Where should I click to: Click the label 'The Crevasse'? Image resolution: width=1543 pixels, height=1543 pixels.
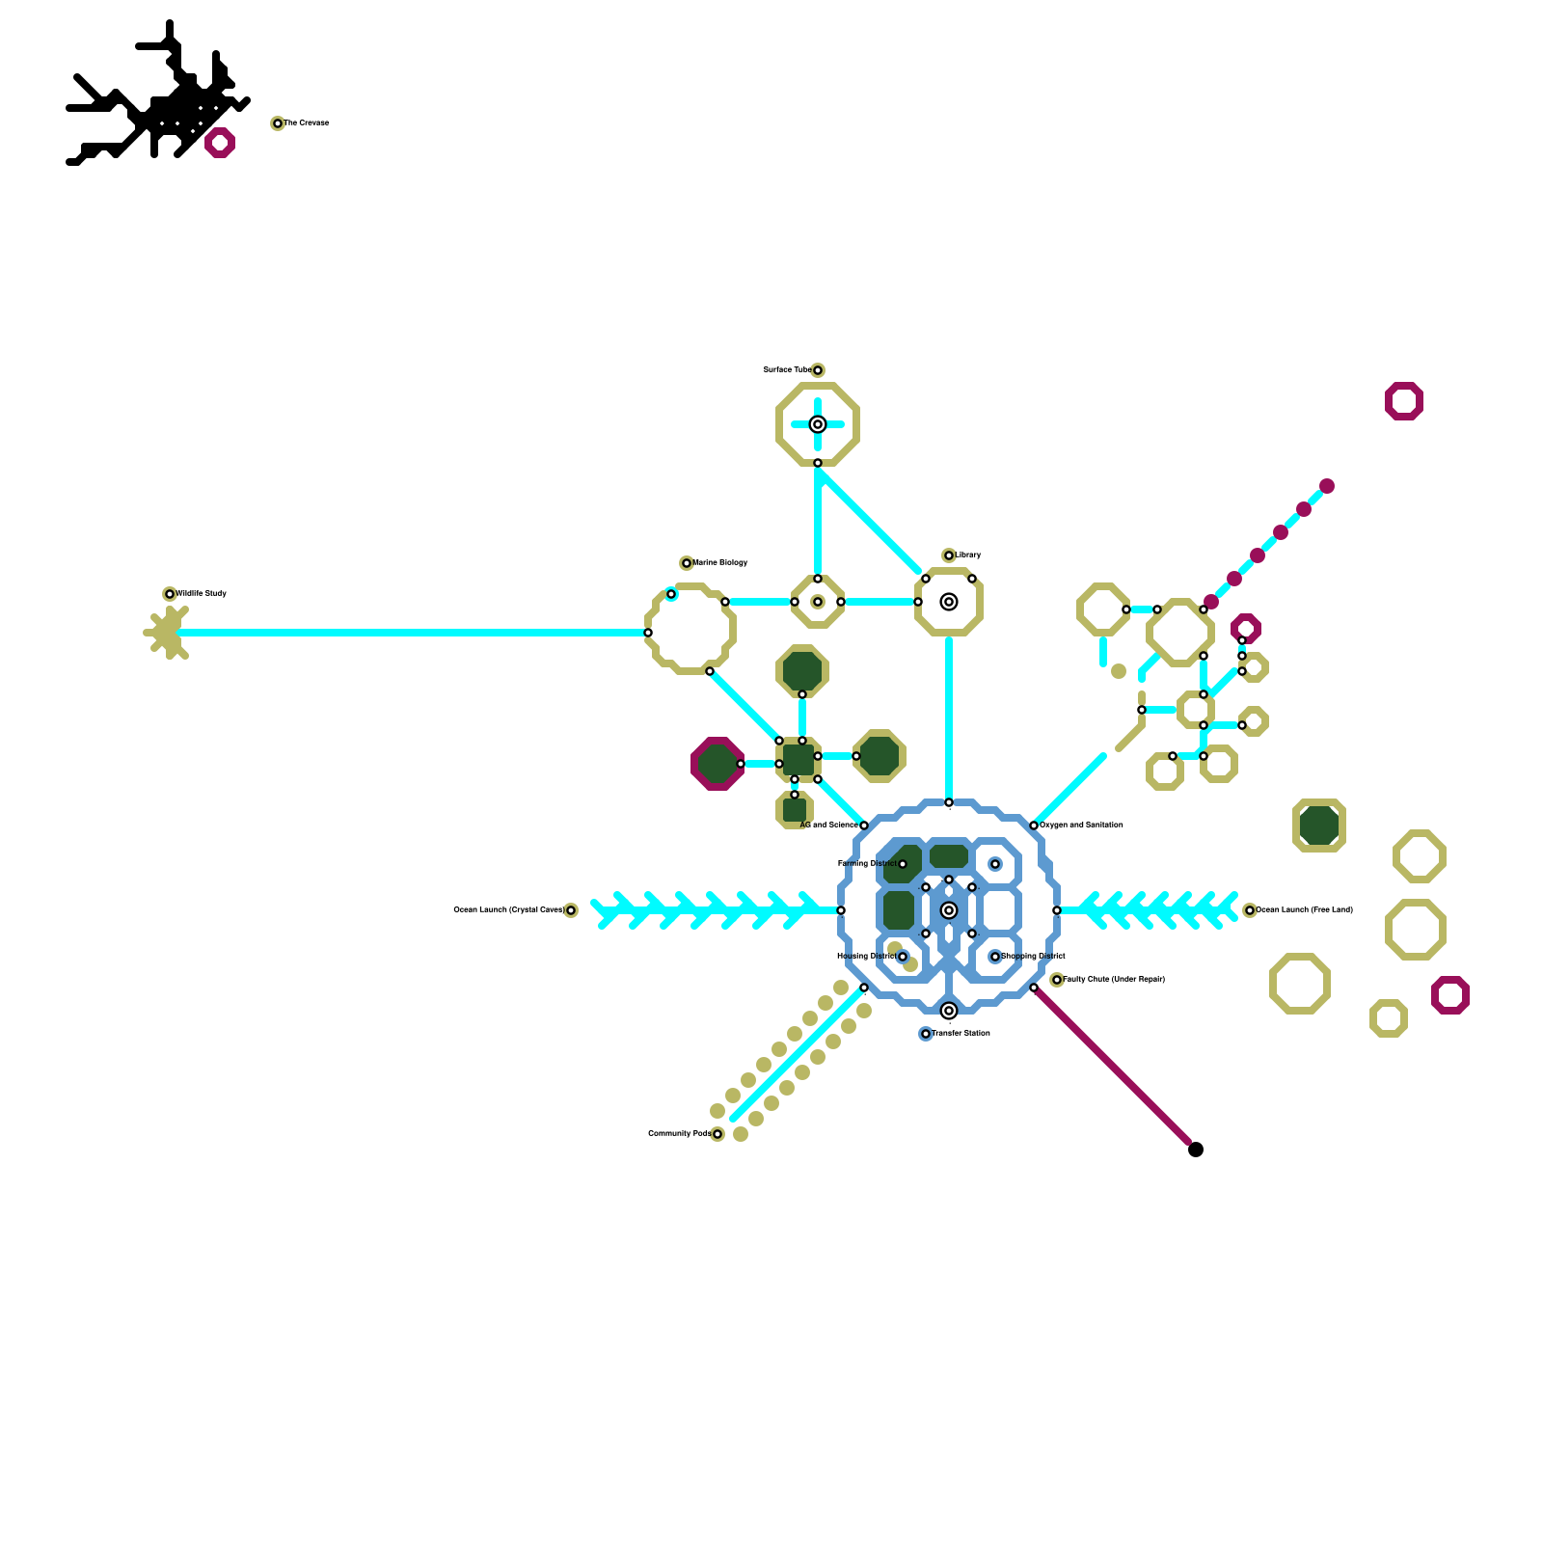click(x=307, y=123)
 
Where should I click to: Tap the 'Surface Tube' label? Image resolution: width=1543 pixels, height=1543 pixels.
click(x=786, y=370)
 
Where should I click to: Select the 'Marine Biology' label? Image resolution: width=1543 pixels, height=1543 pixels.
click(x=720, y=563)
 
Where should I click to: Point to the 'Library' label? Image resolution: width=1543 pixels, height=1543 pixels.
click(x=968, y=555)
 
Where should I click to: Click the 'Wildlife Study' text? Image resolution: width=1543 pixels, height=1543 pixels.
click(x=202, y=594)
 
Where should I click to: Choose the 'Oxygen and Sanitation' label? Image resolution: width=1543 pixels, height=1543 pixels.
click(x=1081, y=826)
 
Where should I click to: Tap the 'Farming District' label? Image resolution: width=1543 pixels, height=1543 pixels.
click(x=866, y=864)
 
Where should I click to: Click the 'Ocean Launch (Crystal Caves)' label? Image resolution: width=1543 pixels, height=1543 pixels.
click(x=508, y=910)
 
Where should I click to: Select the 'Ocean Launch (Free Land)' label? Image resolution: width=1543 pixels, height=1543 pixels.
click(x=1305, y=910)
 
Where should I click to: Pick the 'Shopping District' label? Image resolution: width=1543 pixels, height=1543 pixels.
click(x=1034, y=957)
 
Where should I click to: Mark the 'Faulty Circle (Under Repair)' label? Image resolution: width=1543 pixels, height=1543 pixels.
click(x=1114, y=980)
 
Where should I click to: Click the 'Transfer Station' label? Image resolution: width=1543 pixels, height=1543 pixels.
click(x=961, y=1034)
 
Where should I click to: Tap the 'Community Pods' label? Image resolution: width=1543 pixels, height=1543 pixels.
click(x=679, y=1134)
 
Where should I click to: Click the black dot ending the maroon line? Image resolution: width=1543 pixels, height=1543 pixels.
click(x=1196, y=1150)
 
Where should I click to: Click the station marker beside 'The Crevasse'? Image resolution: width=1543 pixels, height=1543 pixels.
click(x=278, y=123)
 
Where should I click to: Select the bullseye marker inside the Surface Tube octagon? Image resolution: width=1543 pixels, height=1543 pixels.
click(x=818, y=424)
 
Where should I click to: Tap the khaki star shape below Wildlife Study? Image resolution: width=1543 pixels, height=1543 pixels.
click(x=168, y=633)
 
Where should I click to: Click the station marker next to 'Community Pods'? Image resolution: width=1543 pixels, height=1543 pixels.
click(x=717, y=1134)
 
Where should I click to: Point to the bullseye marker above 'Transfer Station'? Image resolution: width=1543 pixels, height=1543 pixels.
click(x=949, y=1011)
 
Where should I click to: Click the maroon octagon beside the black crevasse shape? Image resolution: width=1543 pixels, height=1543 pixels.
click(x=220, y=143)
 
